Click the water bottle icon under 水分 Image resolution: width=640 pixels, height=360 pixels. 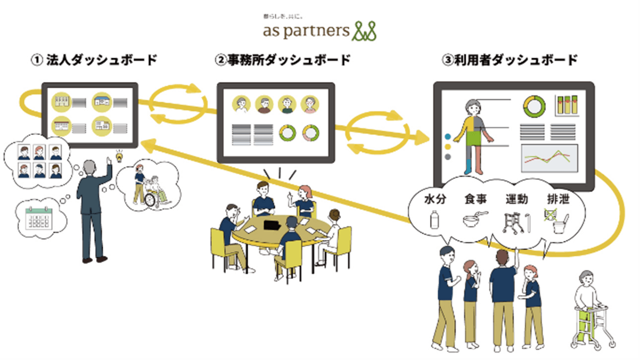[434, 220]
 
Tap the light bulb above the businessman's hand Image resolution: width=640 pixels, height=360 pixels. [120, 157]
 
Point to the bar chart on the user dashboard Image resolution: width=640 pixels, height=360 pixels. [565, 106]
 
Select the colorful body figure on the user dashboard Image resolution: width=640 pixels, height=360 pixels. [474, 135]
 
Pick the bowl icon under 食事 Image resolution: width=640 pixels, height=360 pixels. [472, 220]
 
